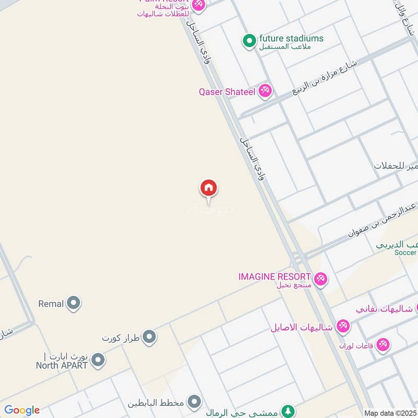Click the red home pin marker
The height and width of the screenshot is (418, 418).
(209, 189)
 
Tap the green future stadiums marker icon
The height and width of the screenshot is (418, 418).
(250, 40)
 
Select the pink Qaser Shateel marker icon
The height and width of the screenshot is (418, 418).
(265, 91)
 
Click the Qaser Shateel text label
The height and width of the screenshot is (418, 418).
(227, 92)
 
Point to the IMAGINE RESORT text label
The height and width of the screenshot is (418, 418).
(275, 276)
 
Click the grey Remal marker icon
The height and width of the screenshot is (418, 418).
(74, 303)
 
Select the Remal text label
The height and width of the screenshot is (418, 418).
(51, 303)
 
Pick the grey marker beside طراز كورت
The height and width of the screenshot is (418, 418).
(150, 337)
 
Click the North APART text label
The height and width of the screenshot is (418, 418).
(62, 365)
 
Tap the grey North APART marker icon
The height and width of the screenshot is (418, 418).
(98, 359)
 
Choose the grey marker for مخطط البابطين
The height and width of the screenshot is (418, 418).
(194, 402)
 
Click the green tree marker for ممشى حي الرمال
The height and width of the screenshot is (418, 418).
(287, 411)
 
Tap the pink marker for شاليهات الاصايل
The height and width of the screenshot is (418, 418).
(343, 327)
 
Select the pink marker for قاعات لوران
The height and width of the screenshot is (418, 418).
(383, 345)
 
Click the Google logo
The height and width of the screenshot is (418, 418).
(22, 410)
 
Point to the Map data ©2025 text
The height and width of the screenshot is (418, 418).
(390, 413)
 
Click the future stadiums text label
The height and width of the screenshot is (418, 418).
(292, 39)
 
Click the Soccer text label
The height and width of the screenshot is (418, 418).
(406, 252)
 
